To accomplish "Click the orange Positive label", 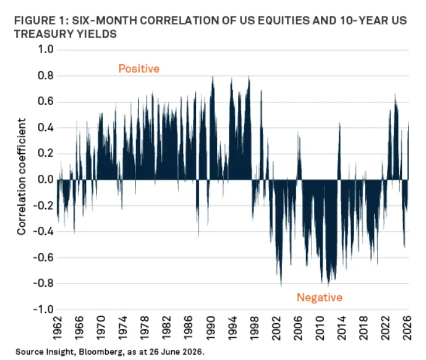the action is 139,69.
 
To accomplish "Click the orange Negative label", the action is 320,297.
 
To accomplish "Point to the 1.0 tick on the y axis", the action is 46,50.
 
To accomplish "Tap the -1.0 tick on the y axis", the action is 43,309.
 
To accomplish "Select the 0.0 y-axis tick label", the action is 46,179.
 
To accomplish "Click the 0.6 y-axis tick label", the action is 46,101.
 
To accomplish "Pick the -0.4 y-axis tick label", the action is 43,231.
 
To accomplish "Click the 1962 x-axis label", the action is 57,328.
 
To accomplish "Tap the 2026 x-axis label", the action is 407,328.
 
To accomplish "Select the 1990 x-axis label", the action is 210,328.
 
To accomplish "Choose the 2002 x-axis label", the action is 276,328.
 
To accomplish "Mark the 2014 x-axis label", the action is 341,328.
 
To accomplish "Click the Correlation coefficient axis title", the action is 21,176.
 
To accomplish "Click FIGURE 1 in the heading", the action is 41,20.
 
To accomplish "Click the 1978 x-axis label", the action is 145,328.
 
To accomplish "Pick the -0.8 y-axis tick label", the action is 43,283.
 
